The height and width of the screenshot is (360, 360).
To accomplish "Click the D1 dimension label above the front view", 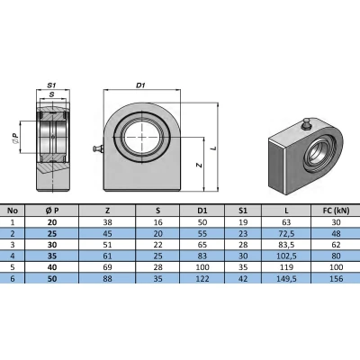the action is (140, 85).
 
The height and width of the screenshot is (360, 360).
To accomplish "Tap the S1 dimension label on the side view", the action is (52, 85).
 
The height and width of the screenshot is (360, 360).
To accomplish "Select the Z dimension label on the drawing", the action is (199, 165).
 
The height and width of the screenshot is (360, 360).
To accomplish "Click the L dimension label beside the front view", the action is (213, 148).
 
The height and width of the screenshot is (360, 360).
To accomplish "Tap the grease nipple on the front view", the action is (98, 148).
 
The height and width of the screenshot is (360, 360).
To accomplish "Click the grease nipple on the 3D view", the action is (306, 124).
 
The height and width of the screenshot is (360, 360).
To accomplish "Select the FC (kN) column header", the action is (336, 211).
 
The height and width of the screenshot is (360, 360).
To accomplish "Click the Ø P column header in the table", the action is (52, 211).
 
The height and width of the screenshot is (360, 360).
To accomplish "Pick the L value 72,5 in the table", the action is (286, 233).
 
